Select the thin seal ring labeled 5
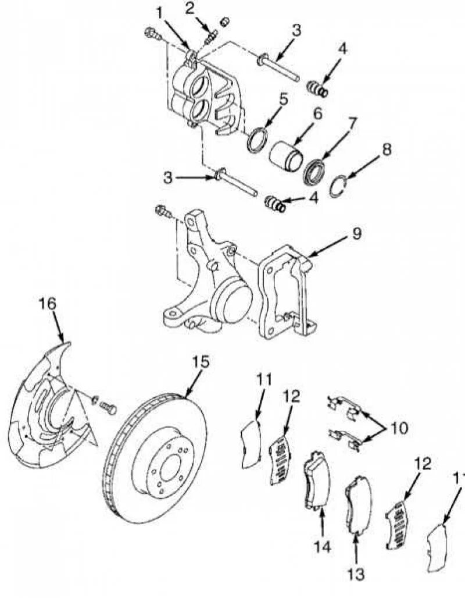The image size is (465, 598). click(x=256, y=140)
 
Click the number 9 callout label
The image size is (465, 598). click(x=356, y=233)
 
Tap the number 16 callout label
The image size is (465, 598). click(x=48, y=304)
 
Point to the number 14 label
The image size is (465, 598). click(x=323, y=546)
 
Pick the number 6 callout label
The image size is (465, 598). click(x=317, y=113)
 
